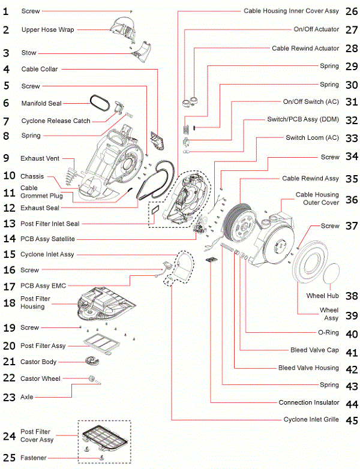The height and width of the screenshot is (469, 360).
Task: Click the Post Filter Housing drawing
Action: (102, 302)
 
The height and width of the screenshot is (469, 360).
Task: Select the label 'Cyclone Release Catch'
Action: (56, 121)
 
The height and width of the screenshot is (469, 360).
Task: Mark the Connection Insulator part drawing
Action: (211, 260)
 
